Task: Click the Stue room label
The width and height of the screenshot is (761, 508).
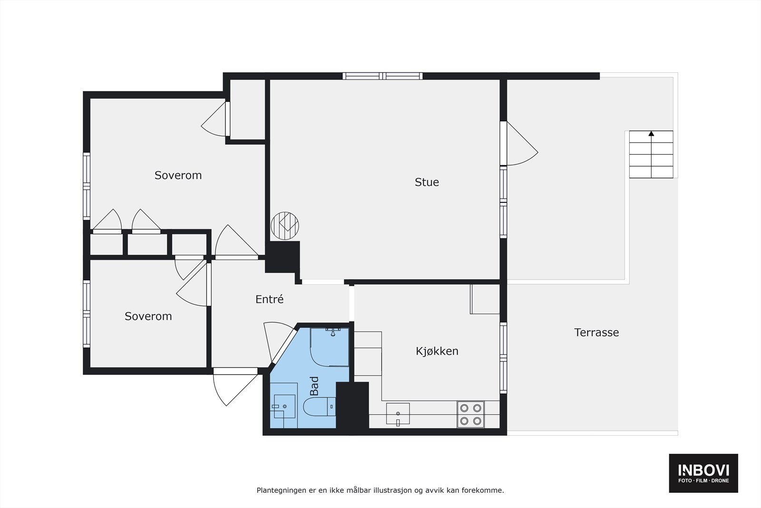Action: point(427,182)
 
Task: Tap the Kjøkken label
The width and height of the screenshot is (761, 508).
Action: point(437,351)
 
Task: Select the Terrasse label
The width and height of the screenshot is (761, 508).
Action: point(596,332)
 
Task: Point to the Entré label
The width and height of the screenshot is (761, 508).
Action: point(269,299)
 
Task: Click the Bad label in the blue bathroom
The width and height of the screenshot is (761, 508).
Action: point(314,386)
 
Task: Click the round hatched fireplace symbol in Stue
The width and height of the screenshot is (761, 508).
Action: point(285,226)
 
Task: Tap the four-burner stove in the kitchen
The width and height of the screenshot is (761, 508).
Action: point(470,414)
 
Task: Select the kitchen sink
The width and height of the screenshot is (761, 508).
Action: point(398,414)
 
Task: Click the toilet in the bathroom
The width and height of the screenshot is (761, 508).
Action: point(319,407)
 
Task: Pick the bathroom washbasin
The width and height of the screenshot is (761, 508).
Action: point(284,406)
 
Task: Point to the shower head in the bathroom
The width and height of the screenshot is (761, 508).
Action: point(333,332)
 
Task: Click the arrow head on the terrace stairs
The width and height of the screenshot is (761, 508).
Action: point(651,134)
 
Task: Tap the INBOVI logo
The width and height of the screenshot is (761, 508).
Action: point(703,473)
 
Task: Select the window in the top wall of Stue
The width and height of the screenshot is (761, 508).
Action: point(382,76)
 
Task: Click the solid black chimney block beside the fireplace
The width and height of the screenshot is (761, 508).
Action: point(283,257)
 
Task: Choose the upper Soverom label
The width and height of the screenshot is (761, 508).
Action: point(178,175)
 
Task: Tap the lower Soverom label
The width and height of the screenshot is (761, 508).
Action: point(148,316)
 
